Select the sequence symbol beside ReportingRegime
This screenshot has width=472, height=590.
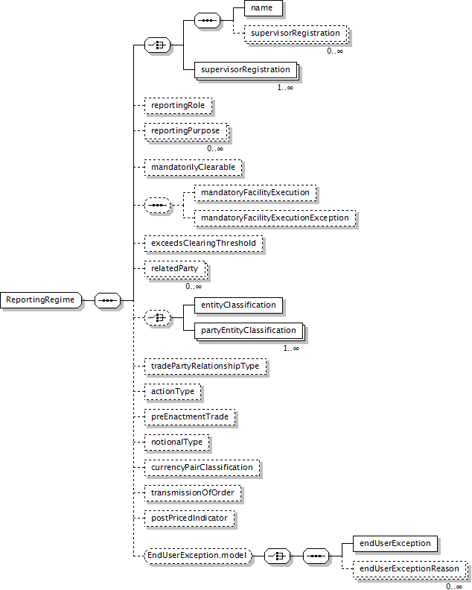point(108,300)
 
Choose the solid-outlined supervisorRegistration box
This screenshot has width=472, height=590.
point(245,70)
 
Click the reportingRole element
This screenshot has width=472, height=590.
point(177,106)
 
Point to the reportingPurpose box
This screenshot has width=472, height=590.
point(185,131)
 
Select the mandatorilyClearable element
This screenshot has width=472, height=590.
point(193,168)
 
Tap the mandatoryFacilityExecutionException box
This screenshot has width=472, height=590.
point(275,218)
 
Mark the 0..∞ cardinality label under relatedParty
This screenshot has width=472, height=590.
point(194,286)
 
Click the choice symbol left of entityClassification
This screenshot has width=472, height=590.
point(157,318)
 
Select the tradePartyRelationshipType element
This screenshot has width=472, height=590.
point(205,367)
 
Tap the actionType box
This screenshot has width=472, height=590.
point(173,391)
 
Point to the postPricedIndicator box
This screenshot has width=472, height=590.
point(189,517)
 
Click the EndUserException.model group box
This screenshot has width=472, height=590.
point(197,555)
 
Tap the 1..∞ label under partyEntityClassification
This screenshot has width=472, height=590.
point(290,348)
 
